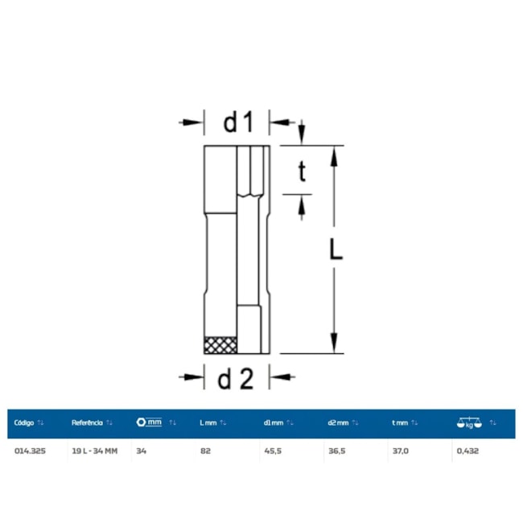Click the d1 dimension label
point(238,122)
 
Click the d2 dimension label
point(236,379)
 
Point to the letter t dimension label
point(302,171)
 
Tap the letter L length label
point(336,249)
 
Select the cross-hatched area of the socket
point(220,345)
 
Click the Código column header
point(24,423)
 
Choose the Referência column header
point(87,423)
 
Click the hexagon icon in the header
point(141,422)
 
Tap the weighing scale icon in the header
point(469,422)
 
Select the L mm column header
point(208,423)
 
